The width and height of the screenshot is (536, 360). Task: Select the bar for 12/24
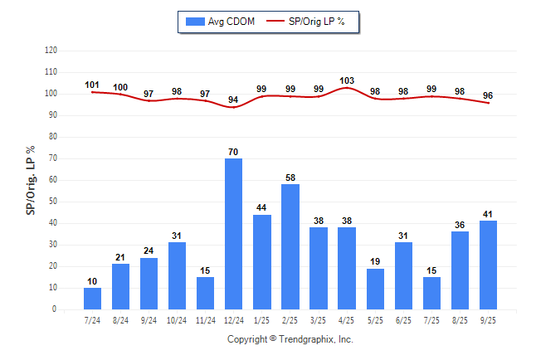(x=234, y=234)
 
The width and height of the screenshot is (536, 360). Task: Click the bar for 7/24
(x=93, y=299)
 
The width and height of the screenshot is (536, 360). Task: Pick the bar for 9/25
(x=488, y=265)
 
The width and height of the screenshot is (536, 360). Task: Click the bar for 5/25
(x=375, y=289)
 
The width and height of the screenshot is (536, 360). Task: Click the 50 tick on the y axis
(x=53, y=202)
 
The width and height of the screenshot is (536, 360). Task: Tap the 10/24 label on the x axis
(x=178, y=320)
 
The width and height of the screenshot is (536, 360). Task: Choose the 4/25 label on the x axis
(x=347, y=320)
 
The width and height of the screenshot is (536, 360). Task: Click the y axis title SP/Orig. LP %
(x=31, y=179)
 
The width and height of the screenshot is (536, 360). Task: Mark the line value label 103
(x=347, y=80)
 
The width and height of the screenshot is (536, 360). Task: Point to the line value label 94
(x=234, y=100)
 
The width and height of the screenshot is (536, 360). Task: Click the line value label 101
(x=93, y=85)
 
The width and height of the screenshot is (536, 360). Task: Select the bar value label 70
(x=234, y=151)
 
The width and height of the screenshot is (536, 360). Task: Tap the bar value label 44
(x=262, y=207)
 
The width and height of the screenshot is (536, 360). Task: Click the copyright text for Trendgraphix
(x=290, y=339)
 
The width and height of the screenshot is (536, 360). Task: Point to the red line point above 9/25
(x=488, y=103)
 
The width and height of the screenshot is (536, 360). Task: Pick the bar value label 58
(x=290, y=178)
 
